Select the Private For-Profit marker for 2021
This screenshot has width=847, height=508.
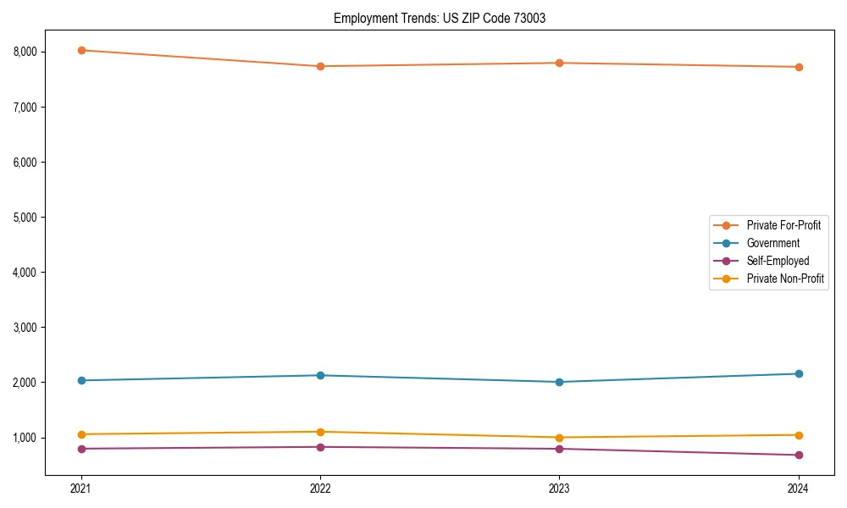pos(81,50)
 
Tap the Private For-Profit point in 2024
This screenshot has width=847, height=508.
pos(798,67)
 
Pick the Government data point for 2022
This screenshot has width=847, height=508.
pos(320,375)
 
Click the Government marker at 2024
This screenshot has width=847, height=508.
pos(798,373)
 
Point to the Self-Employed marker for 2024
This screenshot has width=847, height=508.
pos(798,456)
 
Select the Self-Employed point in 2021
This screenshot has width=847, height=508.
pos(81,449)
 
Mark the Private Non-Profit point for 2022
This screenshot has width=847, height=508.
pos(320,432)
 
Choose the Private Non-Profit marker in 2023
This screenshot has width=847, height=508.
pos(559,438)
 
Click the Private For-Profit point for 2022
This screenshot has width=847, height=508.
pos(320,66)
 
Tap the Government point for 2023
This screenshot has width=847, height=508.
pos(559,382)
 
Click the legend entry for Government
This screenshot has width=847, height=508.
pos(772,243)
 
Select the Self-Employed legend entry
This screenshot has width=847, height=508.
pos(778,261)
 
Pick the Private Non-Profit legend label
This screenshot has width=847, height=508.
pos(785,279)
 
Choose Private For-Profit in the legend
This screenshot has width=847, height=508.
pos(783,225)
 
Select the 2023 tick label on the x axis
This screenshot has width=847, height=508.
pos(559,488)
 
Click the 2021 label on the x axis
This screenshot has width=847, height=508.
pos(81,488)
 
